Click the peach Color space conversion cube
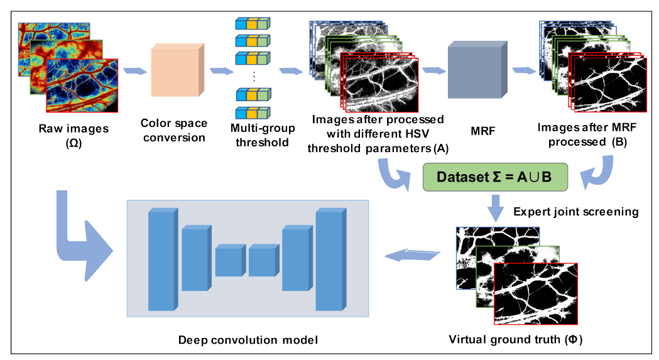(177, 70)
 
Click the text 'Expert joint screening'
(576, 212)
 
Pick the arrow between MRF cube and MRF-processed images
(523, 69)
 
